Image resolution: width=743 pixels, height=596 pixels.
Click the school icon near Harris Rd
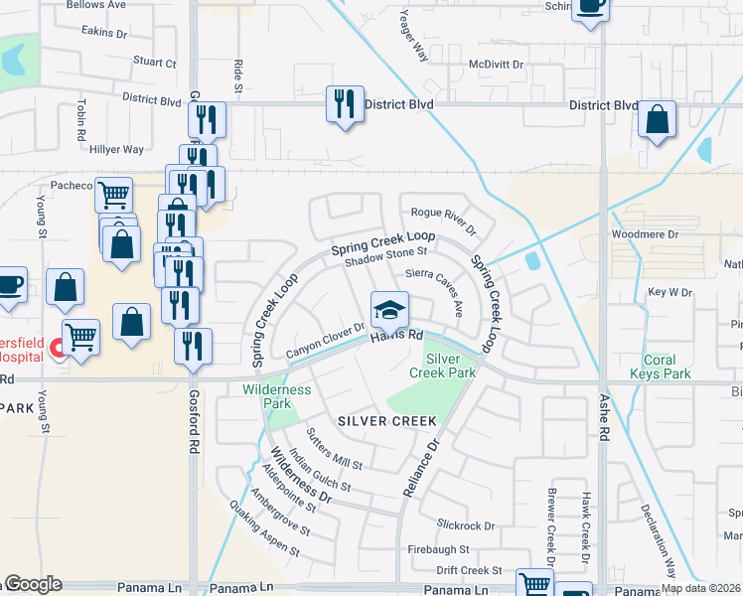click(x=390, y=311)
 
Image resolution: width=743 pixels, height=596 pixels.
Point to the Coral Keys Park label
click(x=667, y=367)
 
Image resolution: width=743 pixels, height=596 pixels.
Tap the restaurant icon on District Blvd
click(x=344, y=103)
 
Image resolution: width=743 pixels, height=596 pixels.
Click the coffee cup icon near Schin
click(x=590, y=6)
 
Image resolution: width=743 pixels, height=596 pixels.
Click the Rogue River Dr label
click(x=444, y=218)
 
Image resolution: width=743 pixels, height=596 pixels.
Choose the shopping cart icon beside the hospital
click(x=79, y=336)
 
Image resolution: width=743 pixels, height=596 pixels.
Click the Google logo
click(x=32, y=584)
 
